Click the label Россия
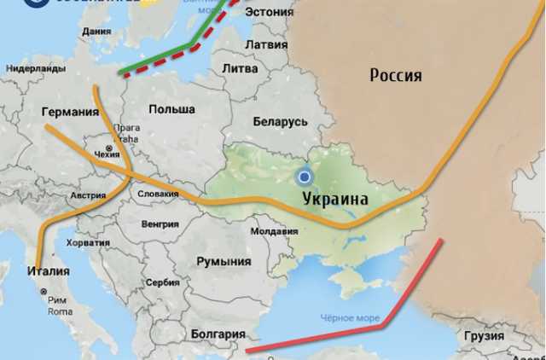[x=395, y=75]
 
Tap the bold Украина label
[x=335, y=199]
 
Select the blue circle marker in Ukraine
[x=304, y=177]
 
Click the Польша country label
[x=171, y=109]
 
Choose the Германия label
[x=70, y=112]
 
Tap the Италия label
[x=49, y=271]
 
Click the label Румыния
[x=224, y=262]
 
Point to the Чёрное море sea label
[x=350, y=318]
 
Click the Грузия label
[x=484, y=335]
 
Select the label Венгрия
[x=160, y=224]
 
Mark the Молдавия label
[x=274, y=231]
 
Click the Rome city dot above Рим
[x=45, y=292]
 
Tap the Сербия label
[x=162, y=282]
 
